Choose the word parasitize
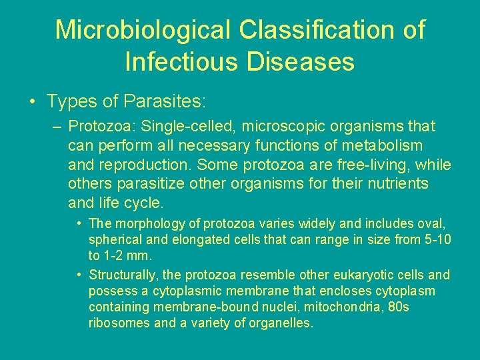140,184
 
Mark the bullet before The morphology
79,223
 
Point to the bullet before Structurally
79,275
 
